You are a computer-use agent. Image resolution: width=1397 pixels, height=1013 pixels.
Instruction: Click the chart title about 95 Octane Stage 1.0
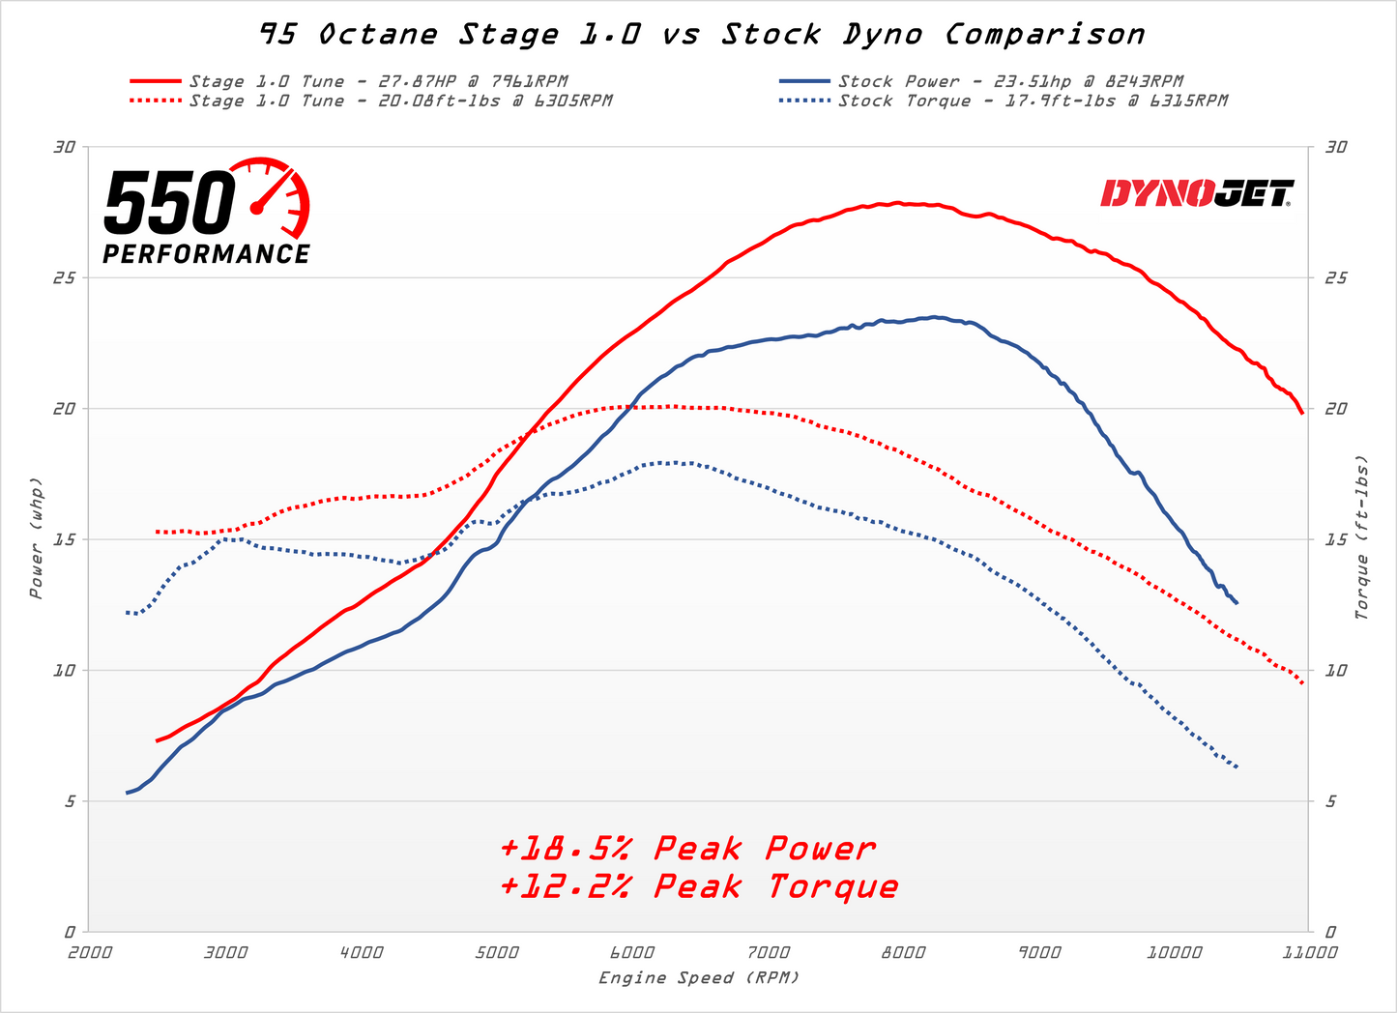point(702,35)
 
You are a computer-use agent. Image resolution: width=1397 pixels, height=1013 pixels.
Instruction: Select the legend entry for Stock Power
point(1009,82)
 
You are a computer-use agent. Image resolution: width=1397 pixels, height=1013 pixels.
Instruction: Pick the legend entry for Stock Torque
point(1032,101)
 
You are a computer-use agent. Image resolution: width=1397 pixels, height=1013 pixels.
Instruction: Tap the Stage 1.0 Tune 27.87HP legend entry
point(377,82)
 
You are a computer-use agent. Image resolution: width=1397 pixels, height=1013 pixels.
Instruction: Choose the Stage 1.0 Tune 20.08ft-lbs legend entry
point(399,101)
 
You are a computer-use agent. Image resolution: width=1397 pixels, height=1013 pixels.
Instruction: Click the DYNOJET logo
point(1197,193)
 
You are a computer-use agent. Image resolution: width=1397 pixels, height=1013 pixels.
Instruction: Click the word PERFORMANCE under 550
point(206,254)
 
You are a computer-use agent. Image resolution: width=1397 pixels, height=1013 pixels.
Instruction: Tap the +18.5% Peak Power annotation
point(687,849)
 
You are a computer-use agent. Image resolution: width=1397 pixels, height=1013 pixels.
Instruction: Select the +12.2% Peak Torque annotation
point(699,886)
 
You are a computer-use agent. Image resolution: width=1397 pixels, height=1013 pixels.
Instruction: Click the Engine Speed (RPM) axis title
point(699,978)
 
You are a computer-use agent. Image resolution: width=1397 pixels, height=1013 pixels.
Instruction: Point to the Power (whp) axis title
point(36,538)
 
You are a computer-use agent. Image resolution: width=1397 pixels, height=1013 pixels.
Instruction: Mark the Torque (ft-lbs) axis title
point(1362,537)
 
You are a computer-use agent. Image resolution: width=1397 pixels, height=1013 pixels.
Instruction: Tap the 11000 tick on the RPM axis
point(1308,953)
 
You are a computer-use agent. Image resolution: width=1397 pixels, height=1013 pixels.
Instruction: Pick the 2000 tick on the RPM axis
point(89,953)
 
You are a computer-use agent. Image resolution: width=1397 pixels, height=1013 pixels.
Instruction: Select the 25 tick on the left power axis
point(65,278)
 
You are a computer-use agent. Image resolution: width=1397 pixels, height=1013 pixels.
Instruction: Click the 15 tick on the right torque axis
point(1335,539)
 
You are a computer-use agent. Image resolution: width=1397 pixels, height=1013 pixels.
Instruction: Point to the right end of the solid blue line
point(1237,603)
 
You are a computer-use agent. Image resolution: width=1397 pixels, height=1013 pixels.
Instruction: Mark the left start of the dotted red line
point(158,532)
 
